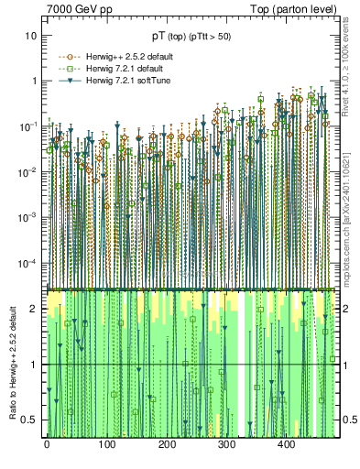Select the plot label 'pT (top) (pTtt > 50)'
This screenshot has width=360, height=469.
pyautogui.click(x=191, y=37)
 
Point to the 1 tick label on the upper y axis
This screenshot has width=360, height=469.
pyautogui.click(x=34, y=81)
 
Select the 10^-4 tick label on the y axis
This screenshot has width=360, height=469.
pyautogui.click(x=27, y=263)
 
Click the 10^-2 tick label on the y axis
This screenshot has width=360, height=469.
pyautogui.click(x=27, y=171)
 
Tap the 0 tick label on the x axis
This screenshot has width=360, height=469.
pyautogui.click(x=47, y=443)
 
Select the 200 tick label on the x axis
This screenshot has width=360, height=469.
pyautogui.click(x=166, y=443)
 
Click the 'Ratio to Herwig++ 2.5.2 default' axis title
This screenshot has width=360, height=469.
pyautogui.click(x=10, y=362)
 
